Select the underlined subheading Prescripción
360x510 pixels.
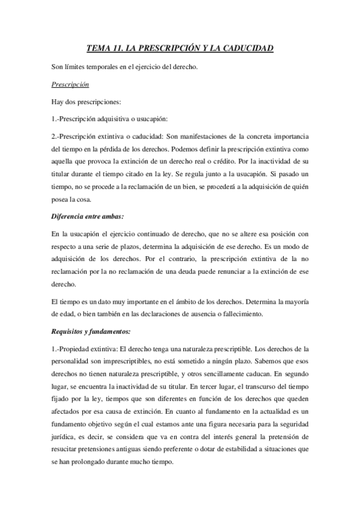(x=69, y=85)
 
